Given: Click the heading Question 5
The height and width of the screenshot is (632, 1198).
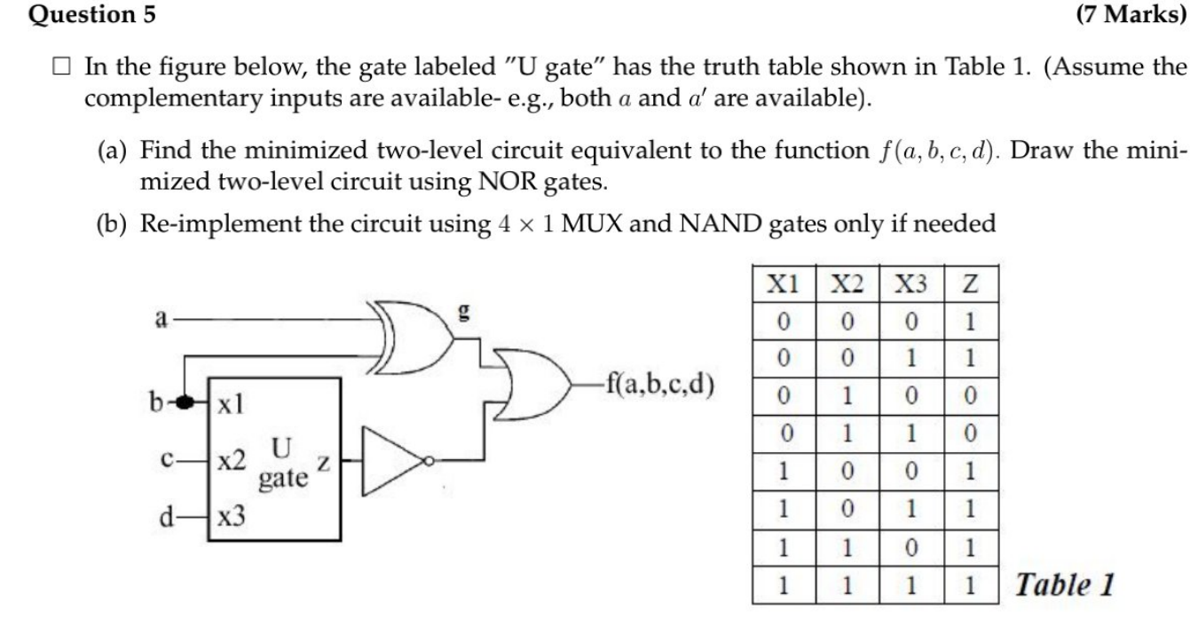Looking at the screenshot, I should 81,14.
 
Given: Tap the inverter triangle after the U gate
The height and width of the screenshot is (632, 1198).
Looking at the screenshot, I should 395,459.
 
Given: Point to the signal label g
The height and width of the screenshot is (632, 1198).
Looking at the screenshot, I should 461,313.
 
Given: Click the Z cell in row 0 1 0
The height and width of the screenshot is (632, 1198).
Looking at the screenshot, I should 969,395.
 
